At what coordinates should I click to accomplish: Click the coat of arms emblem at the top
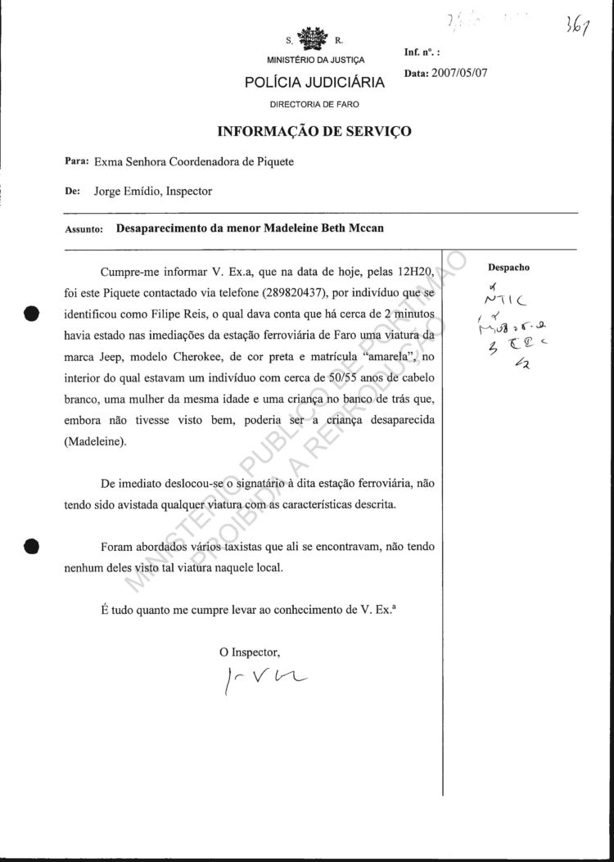(315, 38)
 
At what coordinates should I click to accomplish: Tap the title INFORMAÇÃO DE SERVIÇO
(314, 131)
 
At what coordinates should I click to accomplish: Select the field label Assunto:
(84, 230)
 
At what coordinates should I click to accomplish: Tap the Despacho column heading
(508, 267)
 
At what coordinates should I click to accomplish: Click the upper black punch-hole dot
(31, 314)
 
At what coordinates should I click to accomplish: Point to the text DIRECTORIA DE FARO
(314, 104)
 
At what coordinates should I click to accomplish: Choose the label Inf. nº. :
(423, 52)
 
